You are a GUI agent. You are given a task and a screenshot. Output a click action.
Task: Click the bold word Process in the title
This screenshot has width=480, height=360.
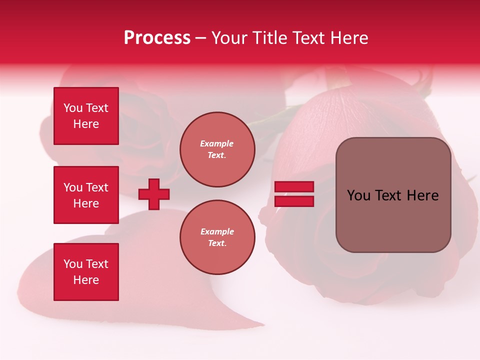tap(157, 38)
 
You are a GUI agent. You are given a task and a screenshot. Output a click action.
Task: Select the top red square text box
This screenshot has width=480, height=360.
tap(86, 116)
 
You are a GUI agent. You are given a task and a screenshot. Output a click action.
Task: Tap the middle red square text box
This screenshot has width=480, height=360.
tap(86, 195)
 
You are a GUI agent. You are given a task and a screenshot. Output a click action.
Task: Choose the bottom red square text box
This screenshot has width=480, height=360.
tap(86, 272)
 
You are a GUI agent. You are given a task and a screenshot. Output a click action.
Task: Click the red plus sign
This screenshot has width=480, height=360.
tap(154, 194)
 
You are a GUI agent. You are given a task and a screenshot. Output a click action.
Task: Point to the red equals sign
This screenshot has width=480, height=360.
tap(294, 194)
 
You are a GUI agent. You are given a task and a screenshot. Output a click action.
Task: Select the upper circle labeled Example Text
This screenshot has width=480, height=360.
tap(217, 149)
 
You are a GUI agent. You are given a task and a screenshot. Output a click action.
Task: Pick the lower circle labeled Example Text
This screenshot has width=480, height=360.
tap(217, 237)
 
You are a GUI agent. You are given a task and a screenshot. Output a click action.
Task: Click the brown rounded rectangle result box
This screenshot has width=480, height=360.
tap(393, 195)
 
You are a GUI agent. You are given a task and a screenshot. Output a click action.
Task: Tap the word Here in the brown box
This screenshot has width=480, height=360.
tap(422, 195)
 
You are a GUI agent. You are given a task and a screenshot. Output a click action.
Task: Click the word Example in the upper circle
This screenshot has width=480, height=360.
tap(217, 143)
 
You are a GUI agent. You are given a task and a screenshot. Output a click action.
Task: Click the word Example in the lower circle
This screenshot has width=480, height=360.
tap(217, 231)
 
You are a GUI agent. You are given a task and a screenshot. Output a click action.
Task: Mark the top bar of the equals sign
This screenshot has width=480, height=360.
tap(294, 187)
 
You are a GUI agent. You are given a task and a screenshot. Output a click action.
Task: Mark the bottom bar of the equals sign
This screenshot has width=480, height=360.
tap(294, 201)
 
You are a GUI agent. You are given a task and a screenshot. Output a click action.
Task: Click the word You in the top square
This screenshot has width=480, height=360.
tap(73, 108)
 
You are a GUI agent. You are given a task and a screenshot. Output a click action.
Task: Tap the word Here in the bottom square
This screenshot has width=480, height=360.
tap(86, 280)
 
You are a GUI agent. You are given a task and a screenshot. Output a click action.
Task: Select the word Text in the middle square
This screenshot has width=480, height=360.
tap(97, 187)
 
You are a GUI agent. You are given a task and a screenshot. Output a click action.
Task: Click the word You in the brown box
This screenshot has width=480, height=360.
tap(358, 195)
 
